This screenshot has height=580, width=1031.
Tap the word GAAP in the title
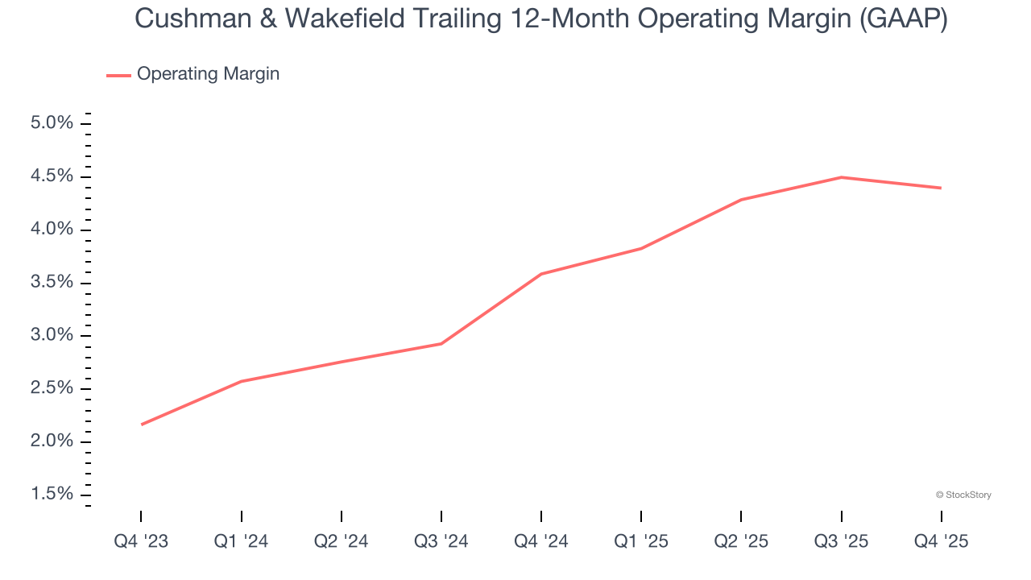(x=902, y=19)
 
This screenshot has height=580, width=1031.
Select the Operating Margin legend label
(x=208, y=74)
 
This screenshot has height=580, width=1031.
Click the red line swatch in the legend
(x=118, y=75)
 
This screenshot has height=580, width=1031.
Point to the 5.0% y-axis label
(x=52, y=123)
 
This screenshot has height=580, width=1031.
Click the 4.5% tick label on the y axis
(x=52, y=176)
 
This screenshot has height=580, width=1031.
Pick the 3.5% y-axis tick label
(x=52, y=283)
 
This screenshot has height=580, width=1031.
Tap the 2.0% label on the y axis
(x=52, y=441)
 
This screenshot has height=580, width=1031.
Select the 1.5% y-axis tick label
(x=52, y=494)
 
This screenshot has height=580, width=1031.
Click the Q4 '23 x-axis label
(x=141, y=541)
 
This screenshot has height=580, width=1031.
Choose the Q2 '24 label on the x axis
(x=341, y=541)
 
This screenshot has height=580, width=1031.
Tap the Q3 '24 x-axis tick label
(x=441, y=541)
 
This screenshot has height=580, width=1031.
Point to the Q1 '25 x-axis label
(x=641, y=541)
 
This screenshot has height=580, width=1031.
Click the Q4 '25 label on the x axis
(x=941, y=541)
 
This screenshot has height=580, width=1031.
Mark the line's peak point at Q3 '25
(x=841, y=177)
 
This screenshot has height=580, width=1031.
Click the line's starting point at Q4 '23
(x=142, y=425)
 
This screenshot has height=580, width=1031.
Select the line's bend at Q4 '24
(x=541, y=274)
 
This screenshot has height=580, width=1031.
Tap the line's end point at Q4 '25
(x=941, y=188)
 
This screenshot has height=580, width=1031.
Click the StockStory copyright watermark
(x=963, y=495)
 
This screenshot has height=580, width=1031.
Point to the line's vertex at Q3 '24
(x=441, y=344)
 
